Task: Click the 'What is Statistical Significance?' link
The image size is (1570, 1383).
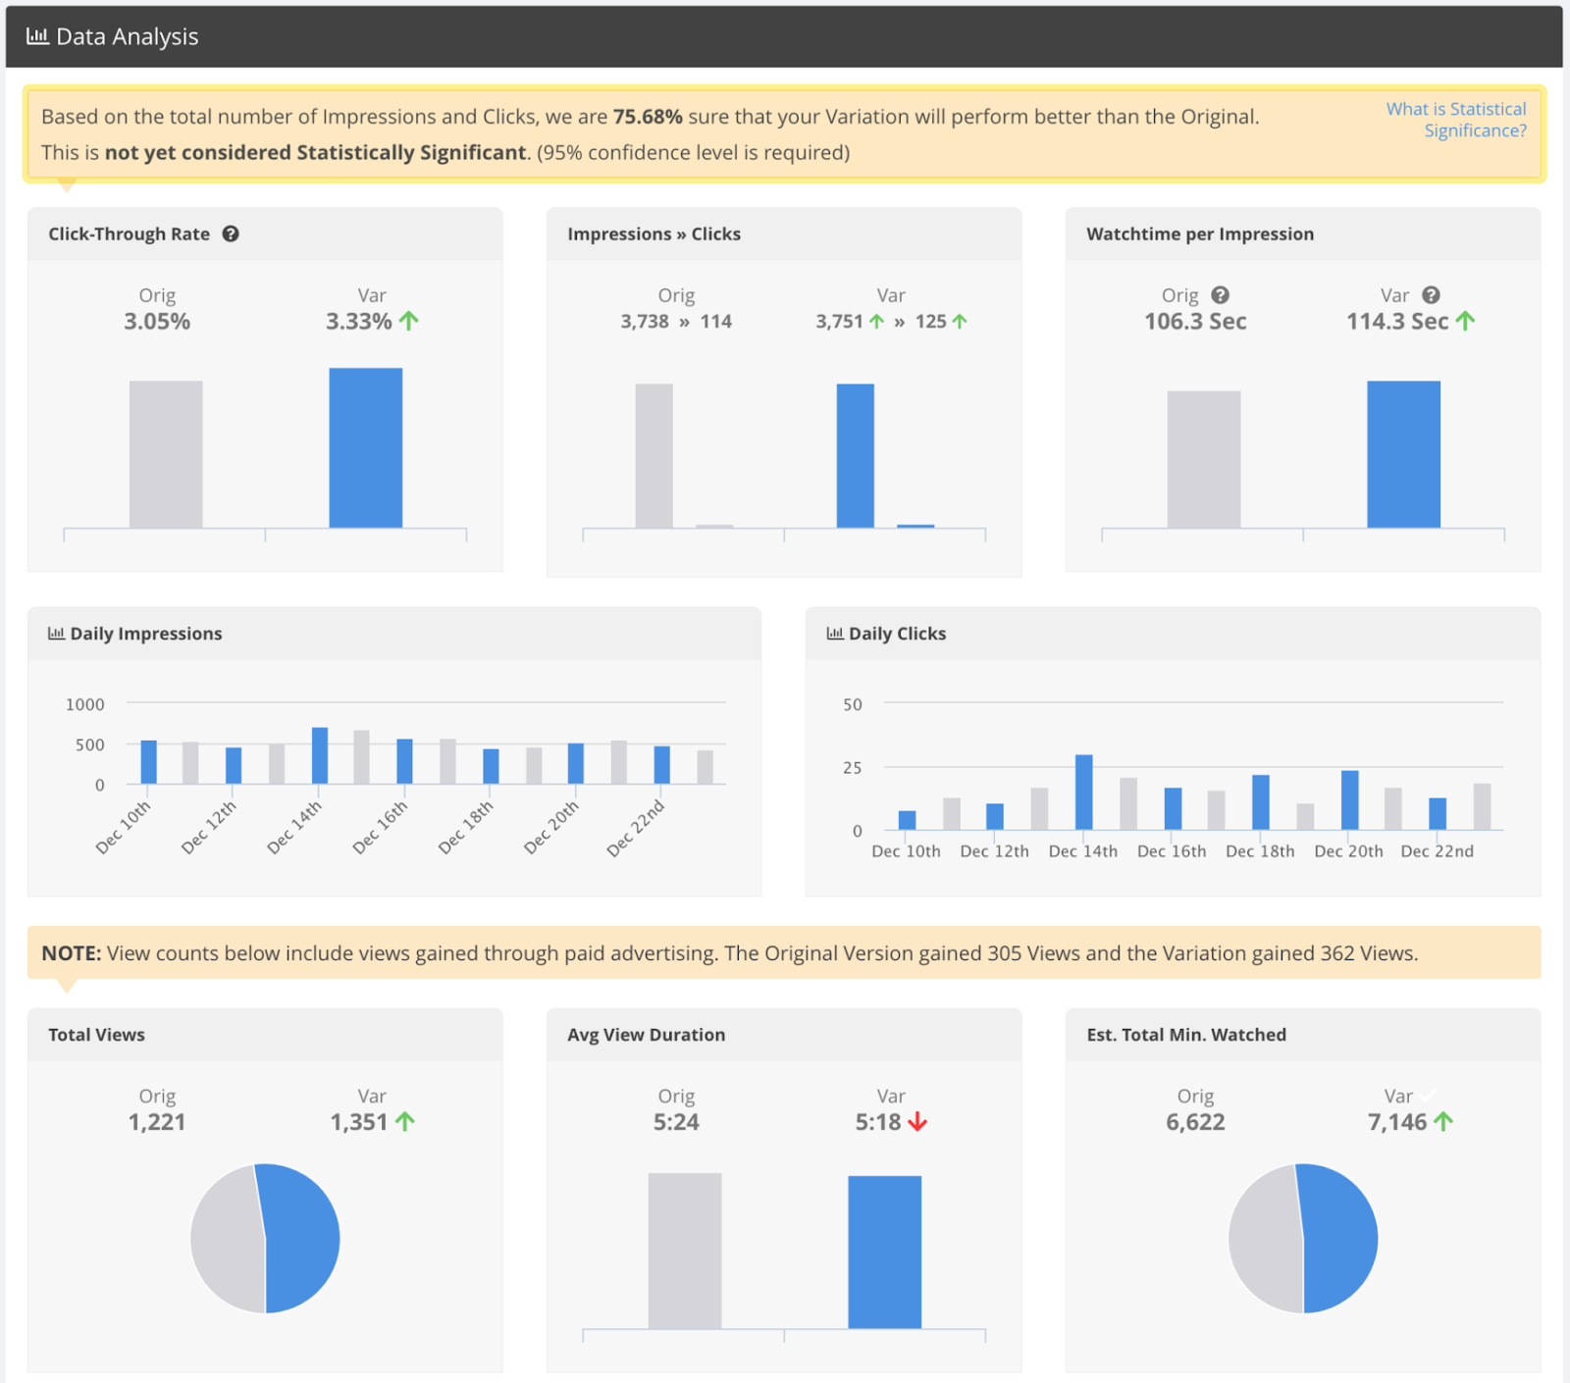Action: point(1455,120)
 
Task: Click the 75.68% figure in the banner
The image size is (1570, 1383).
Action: point(647,117)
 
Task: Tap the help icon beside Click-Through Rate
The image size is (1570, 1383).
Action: point(231,233)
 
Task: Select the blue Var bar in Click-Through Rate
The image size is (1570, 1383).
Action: point(365,448)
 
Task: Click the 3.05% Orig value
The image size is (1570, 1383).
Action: point(157,322)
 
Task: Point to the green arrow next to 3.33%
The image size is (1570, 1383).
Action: point(409,321)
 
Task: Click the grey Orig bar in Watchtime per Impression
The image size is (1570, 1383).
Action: point(1203,459)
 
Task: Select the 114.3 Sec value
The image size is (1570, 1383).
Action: point(1396,322)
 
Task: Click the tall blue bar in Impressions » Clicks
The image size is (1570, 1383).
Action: point(855,456)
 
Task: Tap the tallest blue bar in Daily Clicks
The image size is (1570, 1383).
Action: point(1083,793)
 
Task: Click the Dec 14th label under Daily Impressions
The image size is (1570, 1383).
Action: point(294,827)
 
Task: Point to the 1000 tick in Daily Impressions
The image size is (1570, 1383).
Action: point(85,704)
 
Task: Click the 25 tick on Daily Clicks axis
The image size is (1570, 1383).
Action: point(852,768)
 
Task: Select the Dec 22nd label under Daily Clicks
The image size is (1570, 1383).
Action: point(1437,851)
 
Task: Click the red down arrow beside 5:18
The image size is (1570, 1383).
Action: point(917,1122)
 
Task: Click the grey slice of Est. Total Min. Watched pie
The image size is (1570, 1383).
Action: point(1264,1238)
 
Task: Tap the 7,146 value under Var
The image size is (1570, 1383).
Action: point(1397,1122)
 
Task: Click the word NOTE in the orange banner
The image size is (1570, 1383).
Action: point(71,953)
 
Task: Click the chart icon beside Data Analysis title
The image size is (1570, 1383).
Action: point(37,36)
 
